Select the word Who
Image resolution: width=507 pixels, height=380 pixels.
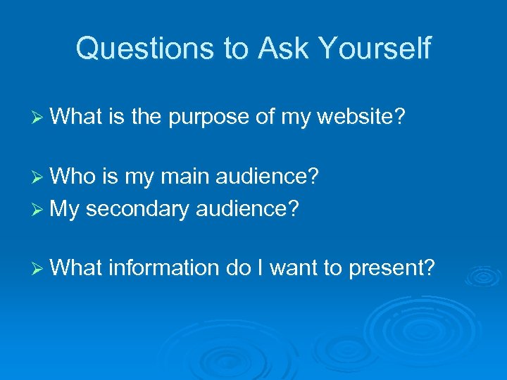click(x=77, y=175)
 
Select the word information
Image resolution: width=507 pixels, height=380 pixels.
click(x=164, y=267)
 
